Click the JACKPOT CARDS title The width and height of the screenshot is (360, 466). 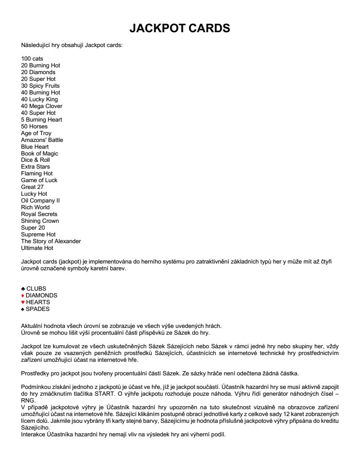pos(180,28)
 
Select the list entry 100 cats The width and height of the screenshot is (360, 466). pos(32,58)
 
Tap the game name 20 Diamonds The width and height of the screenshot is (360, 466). pos(38,72)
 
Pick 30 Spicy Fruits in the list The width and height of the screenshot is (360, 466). pos(40,86)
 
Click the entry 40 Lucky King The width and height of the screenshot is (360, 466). pos(39,99)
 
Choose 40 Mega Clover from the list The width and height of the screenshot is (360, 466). pos(42,106)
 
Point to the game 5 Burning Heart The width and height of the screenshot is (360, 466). pos(42,119)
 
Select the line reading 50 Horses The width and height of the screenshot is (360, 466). pos(34,126)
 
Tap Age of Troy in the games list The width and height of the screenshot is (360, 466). pos(36,133)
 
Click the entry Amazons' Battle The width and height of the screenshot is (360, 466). pos(42,140)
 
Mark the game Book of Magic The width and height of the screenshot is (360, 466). pos(39,153)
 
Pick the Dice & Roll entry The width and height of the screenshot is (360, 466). pos(36,160)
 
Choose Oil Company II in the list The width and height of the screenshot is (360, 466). pos(40,200)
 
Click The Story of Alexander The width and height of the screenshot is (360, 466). pos(51,241)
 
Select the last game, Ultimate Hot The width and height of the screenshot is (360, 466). pos(37,248)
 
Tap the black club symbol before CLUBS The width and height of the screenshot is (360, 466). pos(23,289)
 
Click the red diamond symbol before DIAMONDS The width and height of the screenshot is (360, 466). pos(23,296)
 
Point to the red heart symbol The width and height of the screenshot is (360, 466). pos(23,302)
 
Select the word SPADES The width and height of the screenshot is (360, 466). pos(38,309)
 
